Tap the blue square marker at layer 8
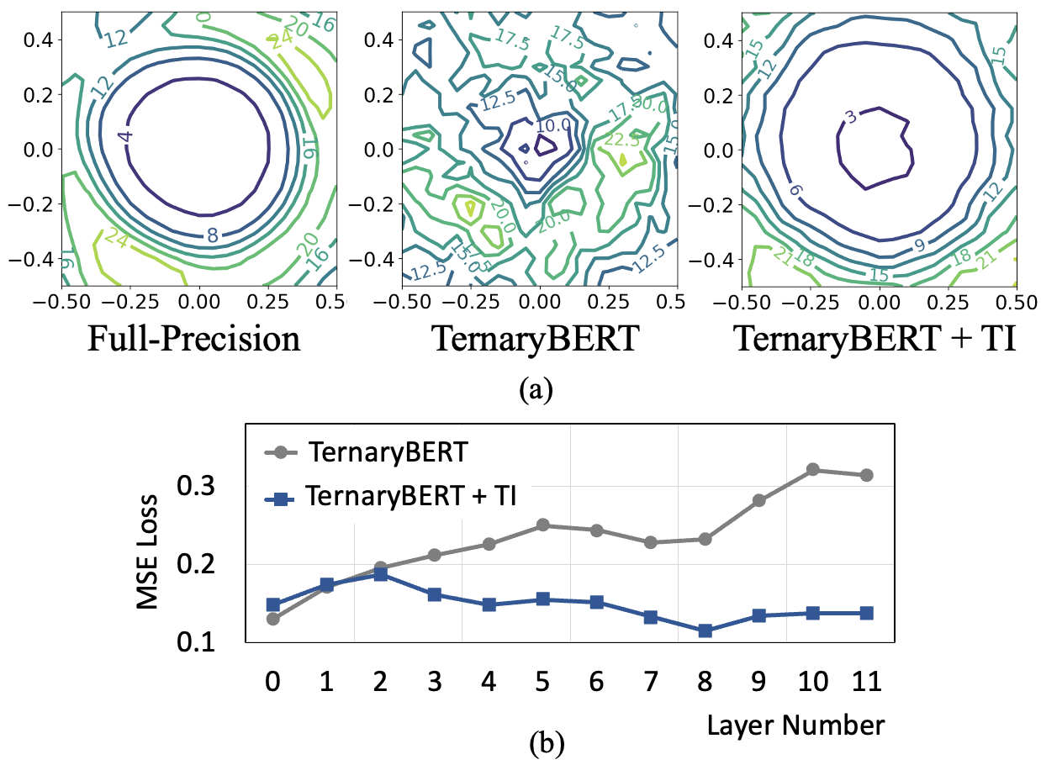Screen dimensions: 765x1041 pos(705,630)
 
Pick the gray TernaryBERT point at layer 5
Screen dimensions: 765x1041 pos(542,525)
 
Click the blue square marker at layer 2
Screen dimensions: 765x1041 pos(380,574)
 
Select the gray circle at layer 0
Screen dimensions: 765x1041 pos(272,619)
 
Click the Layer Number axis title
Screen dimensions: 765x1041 pos(795,724)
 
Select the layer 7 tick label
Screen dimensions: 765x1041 pos(651,682)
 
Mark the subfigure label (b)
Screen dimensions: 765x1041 pos(542,743)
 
